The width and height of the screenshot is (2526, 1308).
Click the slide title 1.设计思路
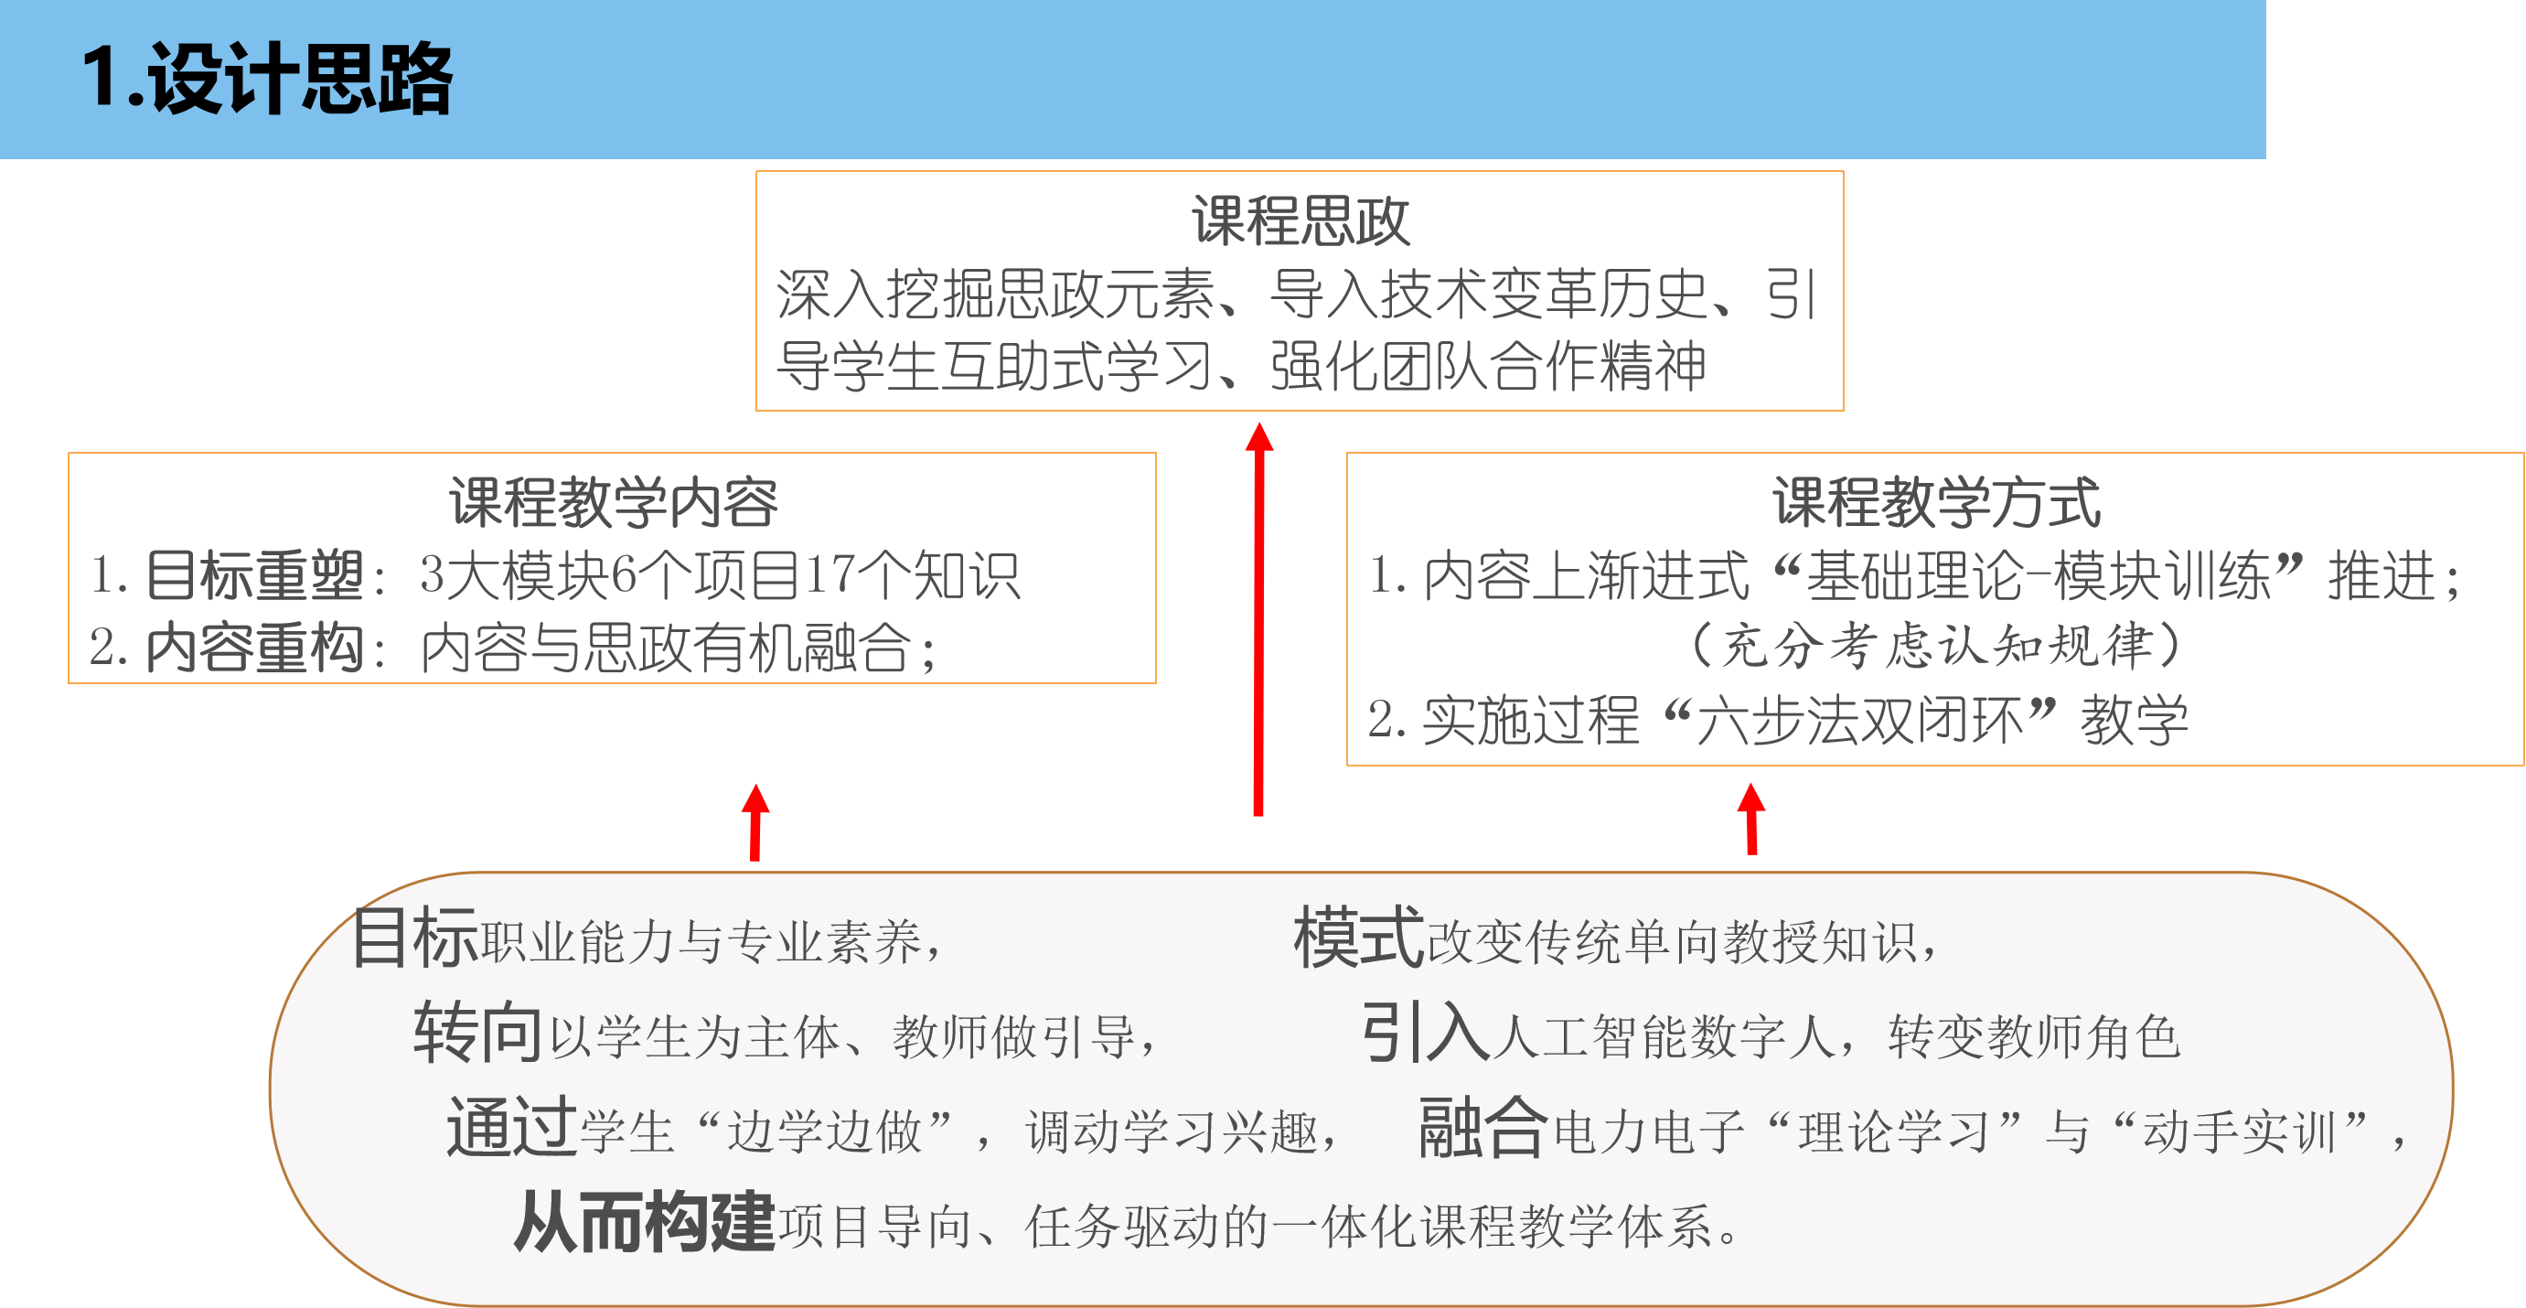[267, 79]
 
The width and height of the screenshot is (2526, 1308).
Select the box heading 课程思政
[1300, 220]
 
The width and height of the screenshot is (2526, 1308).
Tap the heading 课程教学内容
[613, 502]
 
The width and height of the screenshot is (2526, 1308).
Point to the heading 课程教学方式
[1936, 502]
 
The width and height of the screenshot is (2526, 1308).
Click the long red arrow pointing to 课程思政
[1259, 617]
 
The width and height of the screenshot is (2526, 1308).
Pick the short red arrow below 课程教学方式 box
[1751, 818]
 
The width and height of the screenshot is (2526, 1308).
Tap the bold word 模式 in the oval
[1359, 938]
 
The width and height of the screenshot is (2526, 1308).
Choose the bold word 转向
[477, 1033]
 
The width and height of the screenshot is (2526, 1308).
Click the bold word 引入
[1426, 1033]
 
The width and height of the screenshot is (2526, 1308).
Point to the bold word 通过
[511, 1128]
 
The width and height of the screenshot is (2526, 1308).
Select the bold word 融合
[1483, 1128]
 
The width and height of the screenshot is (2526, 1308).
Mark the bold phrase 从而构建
[644, 1223]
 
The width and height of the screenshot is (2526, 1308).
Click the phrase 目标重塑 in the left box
[255, 574]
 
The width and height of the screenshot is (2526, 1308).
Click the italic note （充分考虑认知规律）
[1936, 647]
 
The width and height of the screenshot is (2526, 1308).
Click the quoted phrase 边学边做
[825, 1131]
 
